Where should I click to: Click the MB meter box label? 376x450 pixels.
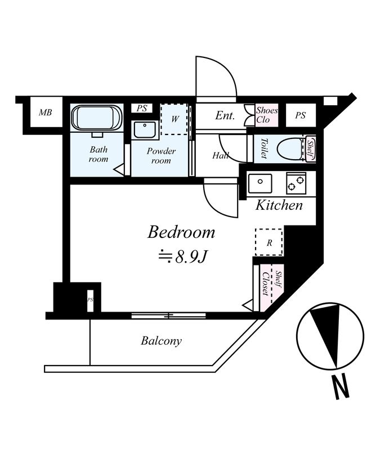46,112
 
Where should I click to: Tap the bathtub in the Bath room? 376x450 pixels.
97,118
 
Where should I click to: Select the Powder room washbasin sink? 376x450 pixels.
145,130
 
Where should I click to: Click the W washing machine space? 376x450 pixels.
174,119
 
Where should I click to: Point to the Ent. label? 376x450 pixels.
225,116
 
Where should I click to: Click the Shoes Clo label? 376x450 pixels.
267,115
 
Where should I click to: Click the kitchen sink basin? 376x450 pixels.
260,183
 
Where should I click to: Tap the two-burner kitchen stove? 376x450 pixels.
296,183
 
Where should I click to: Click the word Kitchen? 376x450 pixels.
279,205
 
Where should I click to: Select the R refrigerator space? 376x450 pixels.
269,242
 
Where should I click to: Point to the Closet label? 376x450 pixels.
266,283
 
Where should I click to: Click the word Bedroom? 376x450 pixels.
181,232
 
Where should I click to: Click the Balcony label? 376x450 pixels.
161,341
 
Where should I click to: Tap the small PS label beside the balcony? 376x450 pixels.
90,300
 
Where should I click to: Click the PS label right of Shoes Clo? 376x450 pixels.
300,115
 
